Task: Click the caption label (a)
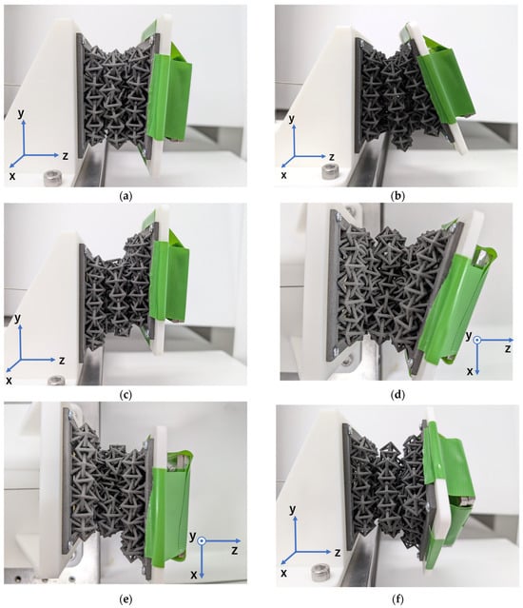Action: [126, 196]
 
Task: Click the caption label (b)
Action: [397, 196]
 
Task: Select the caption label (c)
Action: [126, 395]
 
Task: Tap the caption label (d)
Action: [397, 395]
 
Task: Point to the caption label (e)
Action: [126, 599]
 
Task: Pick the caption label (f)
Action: [397, 599]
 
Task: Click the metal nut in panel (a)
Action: [52, 178]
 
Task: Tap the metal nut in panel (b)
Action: [330, 171]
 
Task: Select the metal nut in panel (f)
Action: [320, 572]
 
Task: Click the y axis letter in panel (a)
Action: [21, 113]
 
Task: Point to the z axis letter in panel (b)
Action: [332, 157]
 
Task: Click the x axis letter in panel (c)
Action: [9, 381]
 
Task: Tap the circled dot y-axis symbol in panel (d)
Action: [477, 340]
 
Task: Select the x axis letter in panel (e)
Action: [194, 575]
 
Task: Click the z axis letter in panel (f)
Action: [338, 552]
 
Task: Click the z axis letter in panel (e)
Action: [234, 550]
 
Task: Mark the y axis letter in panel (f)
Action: [293, 509]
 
